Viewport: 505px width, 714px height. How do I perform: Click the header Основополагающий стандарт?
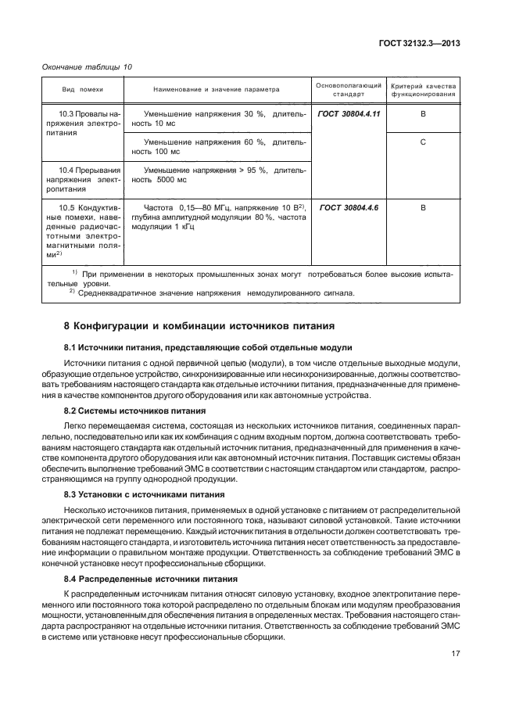point(348,88)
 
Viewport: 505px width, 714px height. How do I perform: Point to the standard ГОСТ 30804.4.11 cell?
point(349,114)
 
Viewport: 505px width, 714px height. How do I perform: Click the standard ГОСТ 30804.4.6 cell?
point(349,207)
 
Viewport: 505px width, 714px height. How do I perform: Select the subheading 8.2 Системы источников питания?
point(134,410)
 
